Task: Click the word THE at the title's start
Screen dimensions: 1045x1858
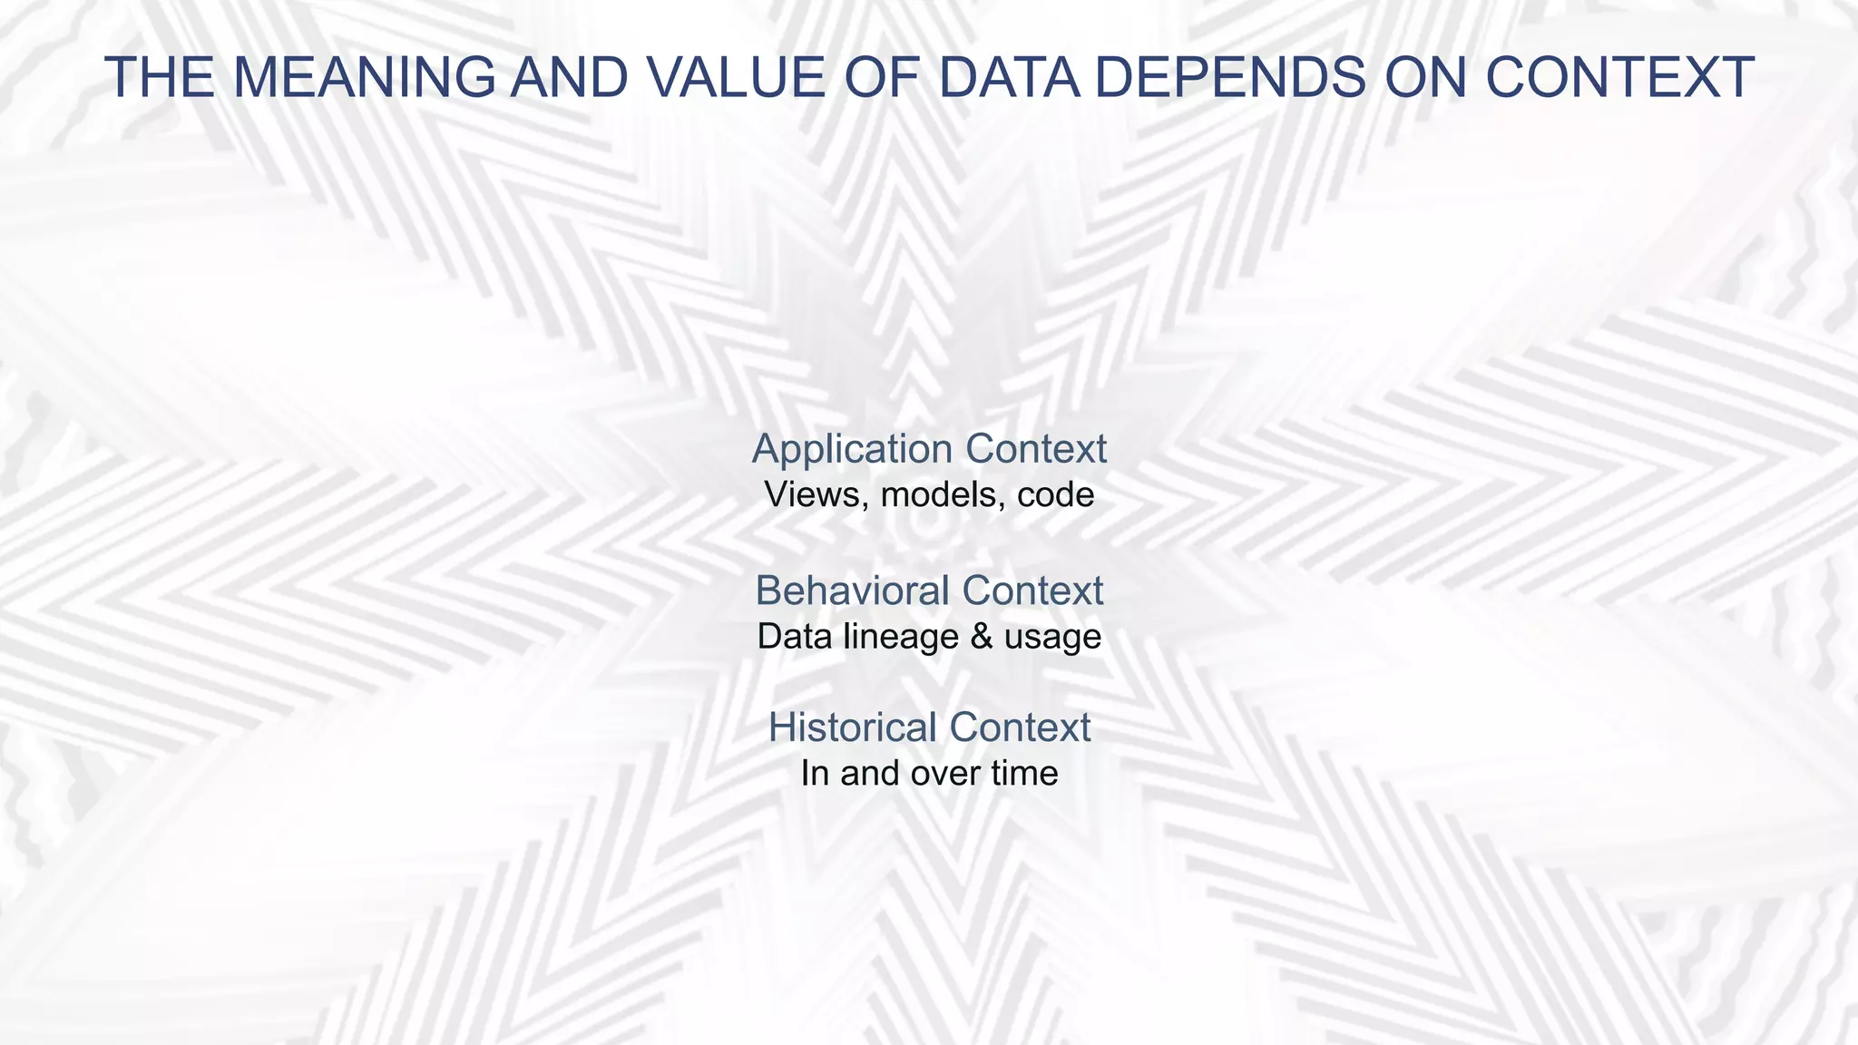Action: [160, 78]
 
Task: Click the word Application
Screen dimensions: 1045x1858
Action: [852, 450]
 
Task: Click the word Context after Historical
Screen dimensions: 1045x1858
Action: [1021, 728]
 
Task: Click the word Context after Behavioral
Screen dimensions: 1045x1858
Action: [1033, 591]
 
